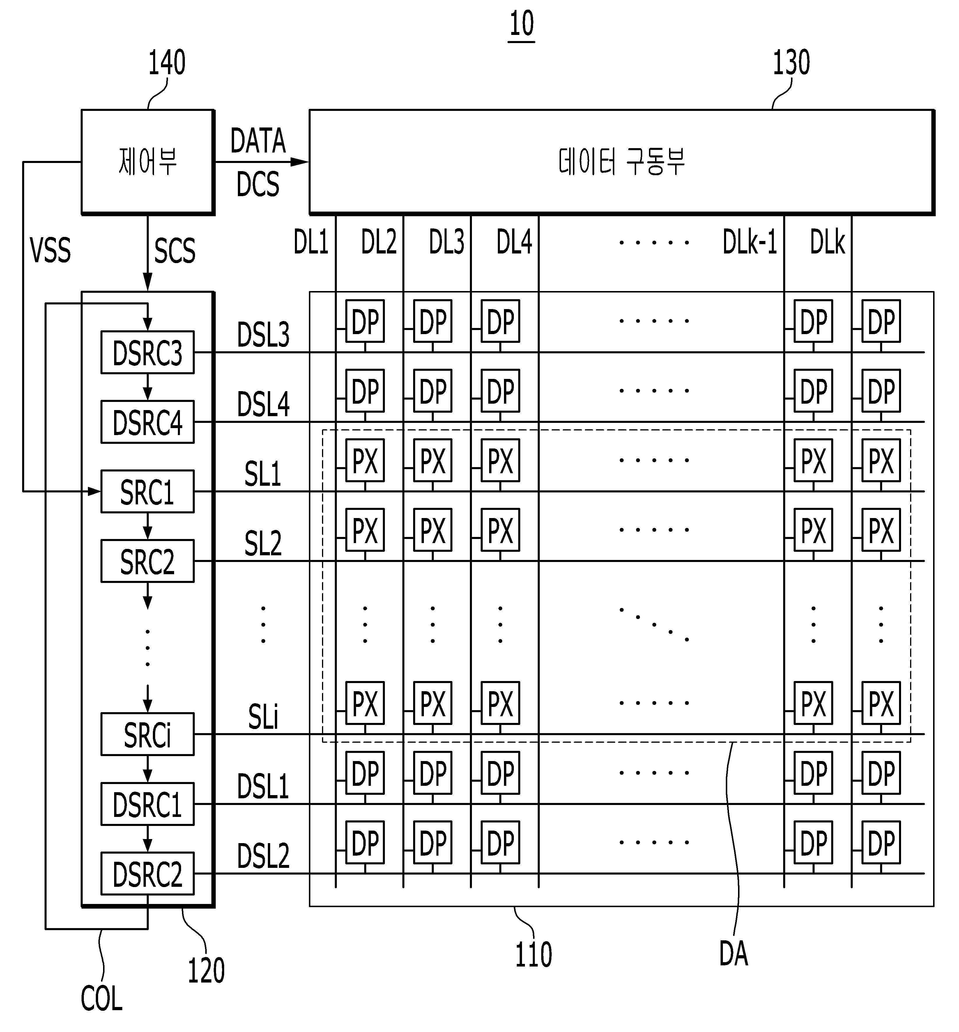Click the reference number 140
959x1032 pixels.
tap(167, 63)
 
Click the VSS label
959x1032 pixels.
tap(50, 251)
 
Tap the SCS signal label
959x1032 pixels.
tap(175, 251)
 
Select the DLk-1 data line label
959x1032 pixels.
tap(750, 242)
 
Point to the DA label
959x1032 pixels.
tap(734, 954)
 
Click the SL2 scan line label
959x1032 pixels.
tap(263, 544)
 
